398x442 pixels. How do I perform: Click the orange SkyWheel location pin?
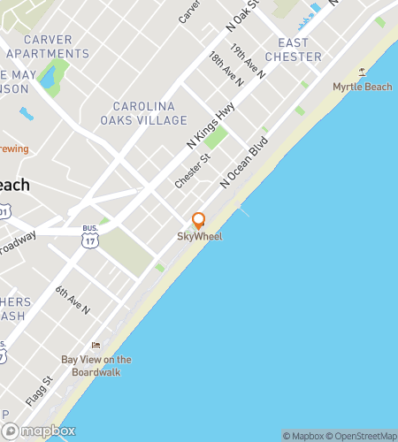[x=199, y=221]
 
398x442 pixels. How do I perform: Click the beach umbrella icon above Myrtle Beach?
[x=361, y=72]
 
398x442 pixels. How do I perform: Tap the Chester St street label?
[x=192, y=171]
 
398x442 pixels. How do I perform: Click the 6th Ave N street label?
[x=73, y=301]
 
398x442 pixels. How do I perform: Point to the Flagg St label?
[x=40, y=392]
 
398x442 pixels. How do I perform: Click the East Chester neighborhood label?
[x=299, y=50]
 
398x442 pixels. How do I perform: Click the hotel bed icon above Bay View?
[x=96, y=345]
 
